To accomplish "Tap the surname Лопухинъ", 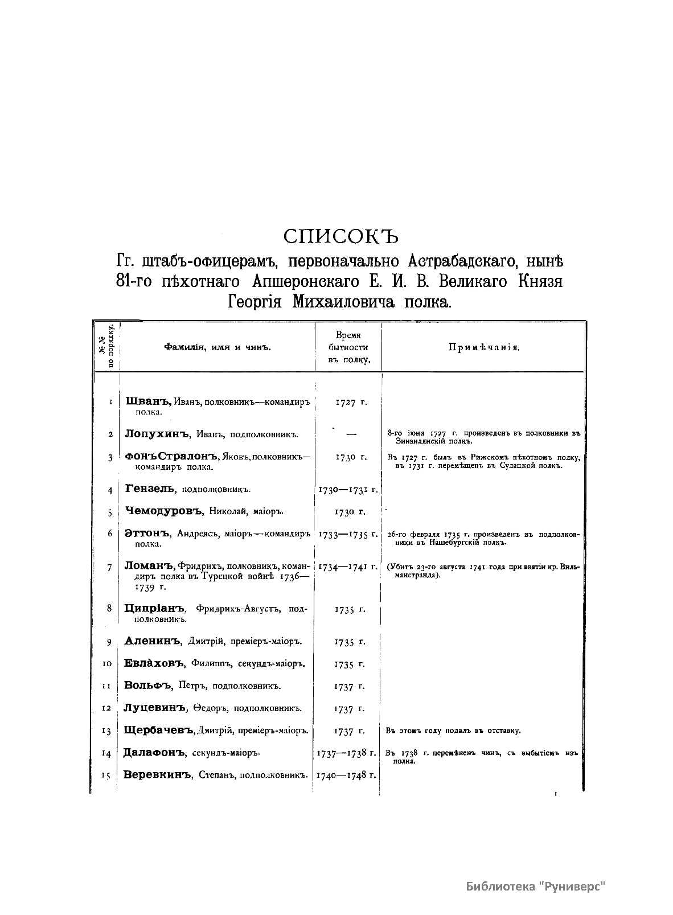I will pos(156,434).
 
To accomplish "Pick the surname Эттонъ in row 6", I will pos(147,534).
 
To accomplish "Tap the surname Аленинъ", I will pos(152,642).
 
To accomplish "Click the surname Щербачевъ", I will pos(159,731).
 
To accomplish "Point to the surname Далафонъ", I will pos(154,753).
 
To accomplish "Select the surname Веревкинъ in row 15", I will pos(157,775).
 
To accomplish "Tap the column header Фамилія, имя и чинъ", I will pos(217,347).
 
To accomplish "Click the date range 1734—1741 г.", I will pos(348,567).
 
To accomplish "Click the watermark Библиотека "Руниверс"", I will pos(535,887).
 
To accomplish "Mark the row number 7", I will pos(109,568).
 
